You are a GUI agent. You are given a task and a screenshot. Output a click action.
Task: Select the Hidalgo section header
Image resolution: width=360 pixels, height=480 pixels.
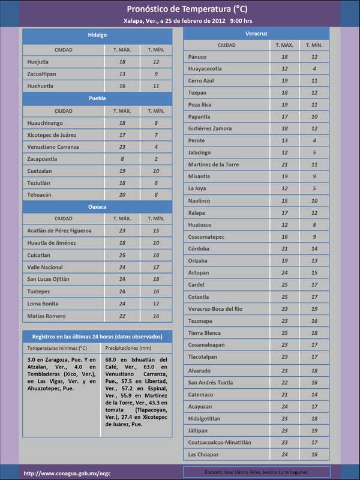tap(97, 35)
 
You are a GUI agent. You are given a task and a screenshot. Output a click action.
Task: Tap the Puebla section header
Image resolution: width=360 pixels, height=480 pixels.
tap(97, 98)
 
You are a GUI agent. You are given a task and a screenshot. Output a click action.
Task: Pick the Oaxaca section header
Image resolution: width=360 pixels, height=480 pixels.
tap(97, 206)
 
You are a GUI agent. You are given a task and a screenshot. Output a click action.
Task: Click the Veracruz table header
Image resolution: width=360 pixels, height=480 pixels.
tap(256, 33)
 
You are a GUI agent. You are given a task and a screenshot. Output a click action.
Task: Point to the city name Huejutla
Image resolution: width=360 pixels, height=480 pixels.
tap(38, 62)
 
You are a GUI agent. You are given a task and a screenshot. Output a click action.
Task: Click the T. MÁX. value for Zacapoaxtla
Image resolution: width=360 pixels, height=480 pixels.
tap(122, 159)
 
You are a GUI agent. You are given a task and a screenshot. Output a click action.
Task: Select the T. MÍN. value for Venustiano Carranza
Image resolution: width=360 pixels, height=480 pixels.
tap(156, 147)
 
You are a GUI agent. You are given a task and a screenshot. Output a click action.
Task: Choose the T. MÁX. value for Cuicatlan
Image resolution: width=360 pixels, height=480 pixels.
tap(122, 255)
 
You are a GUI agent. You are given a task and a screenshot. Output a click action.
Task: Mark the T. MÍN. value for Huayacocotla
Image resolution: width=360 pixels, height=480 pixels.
tap(314, 69)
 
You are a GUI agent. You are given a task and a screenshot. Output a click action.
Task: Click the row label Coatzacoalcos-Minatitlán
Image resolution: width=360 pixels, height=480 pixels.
tap(220, 442)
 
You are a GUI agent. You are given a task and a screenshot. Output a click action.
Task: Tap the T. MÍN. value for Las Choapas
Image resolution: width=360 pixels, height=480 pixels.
tap(314, 454)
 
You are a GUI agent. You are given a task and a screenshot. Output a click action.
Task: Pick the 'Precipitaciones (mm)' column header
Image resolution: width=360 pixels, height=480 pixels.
tap(127, 347)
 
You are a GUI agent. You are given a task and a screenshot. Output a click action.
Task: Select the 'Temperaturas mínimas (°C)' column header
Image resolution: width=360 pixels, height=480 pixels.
tap(58, 347)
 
